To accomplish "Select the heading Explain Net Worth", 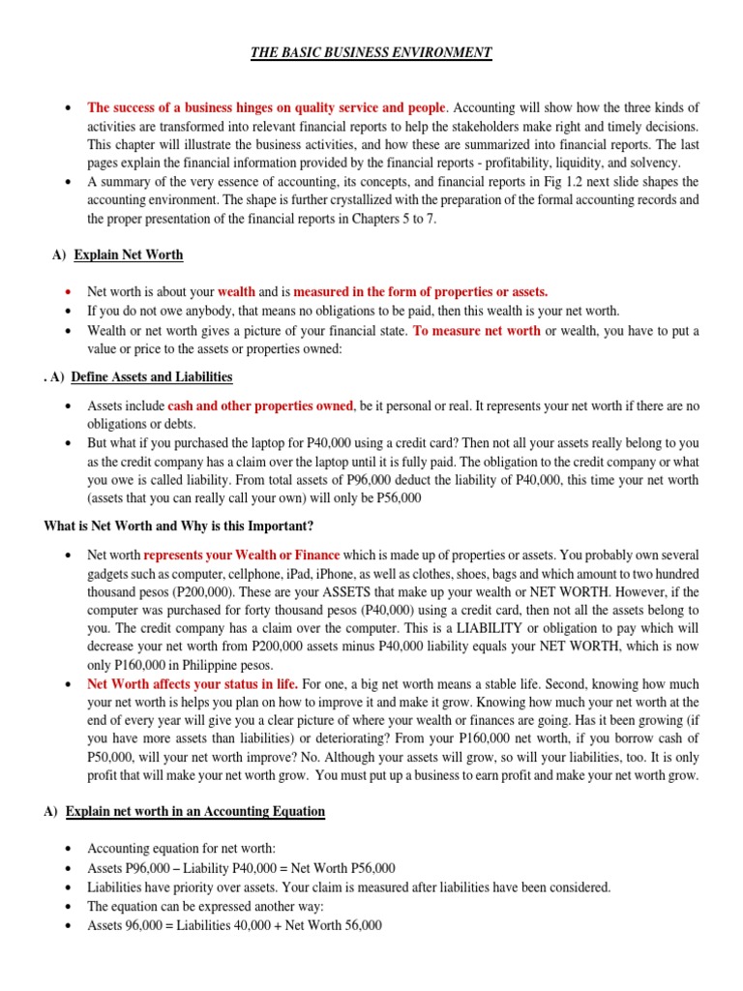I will click(128, 255).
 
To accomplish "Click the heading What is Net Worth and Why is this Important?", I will click(179, 526).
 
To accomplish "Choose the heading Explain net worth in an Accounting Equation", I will click(195, 811).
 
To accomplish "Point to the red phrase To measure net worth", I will click(477, 331).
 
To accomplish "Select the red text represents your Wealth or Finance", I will click(242, 555).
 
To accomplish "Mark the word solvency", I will click(656, 163).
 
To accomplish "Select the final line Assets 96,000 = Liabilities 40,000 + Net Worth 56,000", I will click(234, 925).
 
